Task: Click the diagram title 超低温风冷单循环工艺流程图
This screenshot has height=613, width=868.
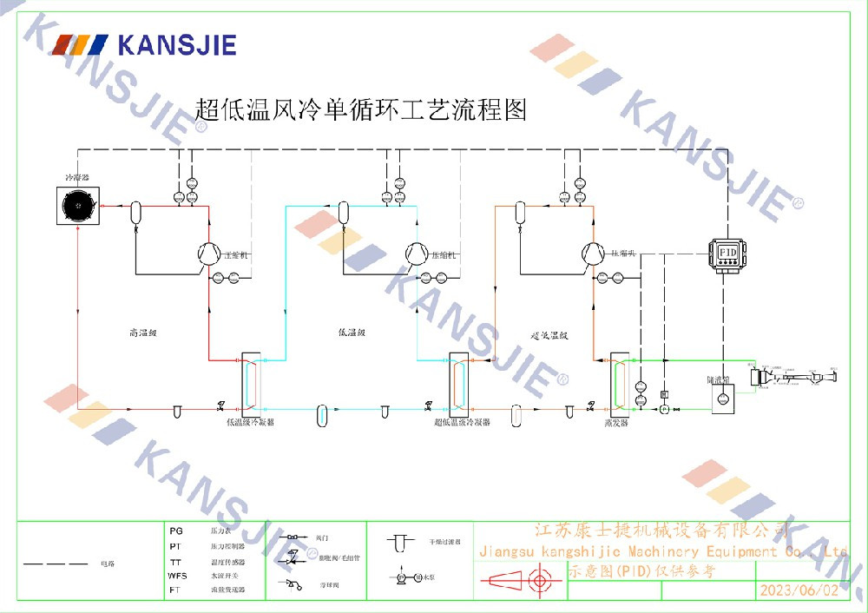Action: pyautogui.click(x=361, y=110)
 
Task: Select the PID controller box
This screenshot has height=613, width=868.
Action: pyautogui.click(x=727, y=252)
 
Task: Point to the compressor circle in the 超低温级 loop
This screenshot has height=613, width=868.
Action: pyautogui.click(x=593, y=253)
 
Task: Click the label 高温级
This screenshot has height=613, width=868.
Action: pyautogui.click(x=141, y=333)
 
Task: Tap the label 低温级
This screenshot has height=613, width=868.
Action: pyautogui.click(x=352, y=333)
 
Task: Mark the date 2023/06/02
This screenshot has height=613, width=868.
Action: pyautogui.click(x=799, y=590)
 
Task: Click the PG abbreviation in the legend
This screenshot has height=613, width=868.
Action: pyautogui.click(x=176, y=530)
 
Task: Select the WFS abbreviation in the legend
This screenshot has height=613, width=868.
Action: pyautogui.click(x=178, y=576)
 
